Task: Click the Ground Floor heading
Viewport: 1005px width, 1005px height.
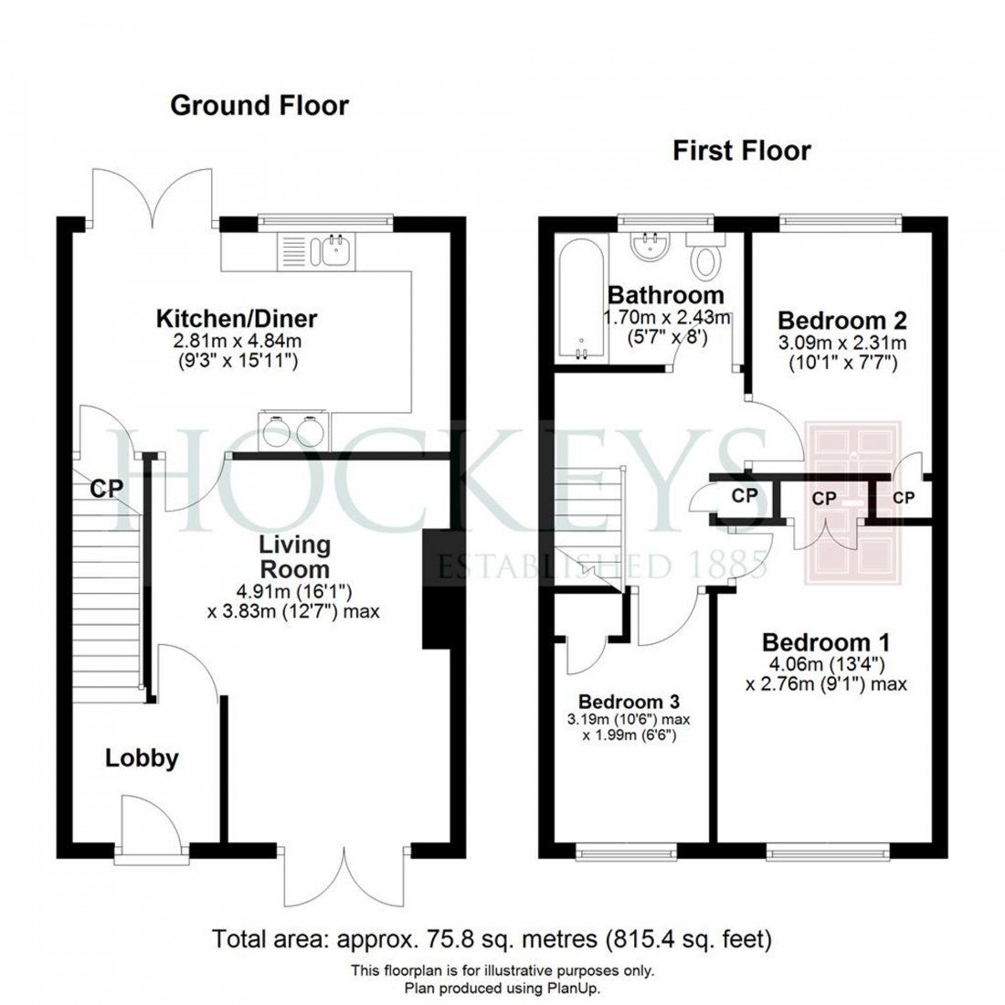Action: pyautogui.click(x=259, y=106)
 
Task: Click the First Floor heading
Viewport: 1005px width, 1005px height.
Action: pyautogui.click(x=741, y=150)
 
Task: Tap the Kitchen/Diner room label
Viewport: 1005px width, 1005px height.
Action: pyautogui.click(x=237, y=319)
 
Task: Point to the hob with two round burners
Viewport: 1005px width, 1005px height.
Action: pyautogui.click(x=293, y=428)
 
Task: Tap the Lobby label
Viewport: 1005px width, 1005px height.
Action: pyautogui.click(x=141, y=757)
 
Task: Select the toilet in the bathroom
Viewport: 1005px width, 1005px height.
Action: pyautogui.click(x=705, y=260)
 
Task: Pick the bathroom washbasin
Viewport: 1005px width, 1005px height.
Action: pyautogui.click(x=653, y=246)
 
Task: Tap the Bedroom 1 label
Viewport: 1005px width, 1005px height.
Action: pyautogui.click(x=826, y=642)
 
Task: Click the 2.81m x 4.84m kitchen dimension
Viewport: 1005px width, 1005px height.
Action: pyautogui.click(x=237, y=343)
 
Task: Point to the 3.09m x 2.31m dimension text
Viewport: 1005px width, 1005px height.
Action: pyautogui.click(x=841, y=344)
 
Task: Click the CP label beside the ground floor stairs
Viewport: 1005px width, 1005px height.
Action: pyautogui.click(x=106, y=489)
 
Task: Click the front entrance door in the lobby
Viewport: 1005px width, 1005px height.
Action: pyautogui.click(x=142, y=827)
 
